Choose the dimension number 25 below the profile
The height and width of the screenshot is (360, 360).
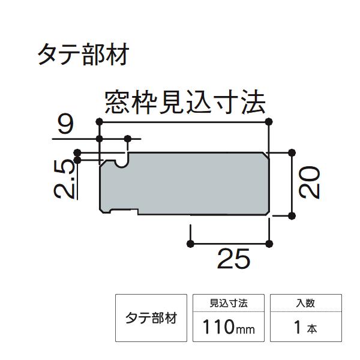coord(233,259)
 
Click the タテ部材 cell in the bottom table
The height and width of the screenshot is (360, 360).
coord(150,317)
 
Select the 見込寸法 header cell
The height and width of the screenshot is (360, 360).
coord(229,304)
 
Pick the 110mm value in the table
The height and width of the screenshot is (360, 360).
coord(229,328)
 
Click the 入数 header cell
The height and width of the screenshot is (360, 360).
coord(305,304)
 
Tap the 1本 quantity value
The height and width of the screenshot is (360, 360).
coord(305,328)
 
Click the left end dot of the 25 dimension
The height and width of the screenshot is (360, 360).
coord(191,243)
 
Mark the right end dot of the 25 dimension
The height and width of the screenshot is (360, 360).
coord(268,243)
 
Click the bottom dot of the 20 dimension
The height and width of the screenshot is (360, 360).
coord(292,214)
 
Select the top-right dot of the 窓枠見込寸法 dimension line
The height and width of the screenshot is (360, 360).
coord(268,122)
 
